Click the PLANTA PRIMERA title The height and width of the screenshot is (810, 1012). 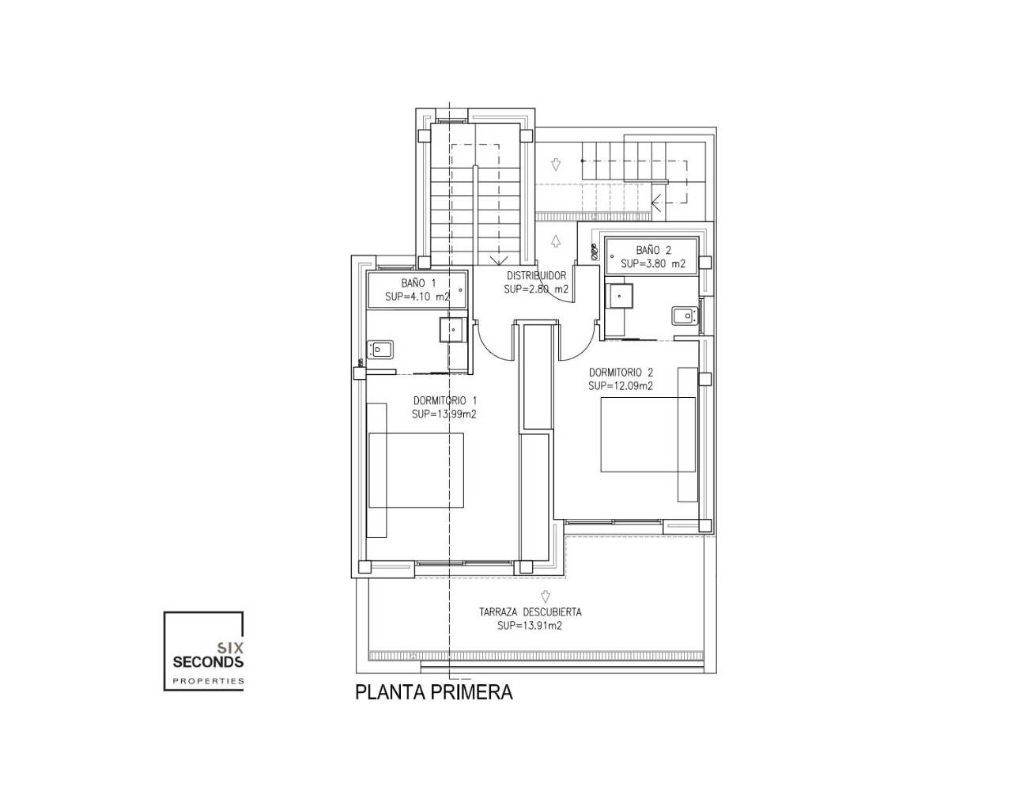tap(433, 692)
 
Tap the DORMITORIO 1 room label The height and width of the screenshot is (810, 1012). tap(445, 400)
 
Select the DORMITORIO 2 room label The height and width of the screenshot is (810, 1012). tap(621, 373)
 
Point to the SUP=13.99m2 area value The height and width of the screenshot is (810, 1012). tap(444, 414)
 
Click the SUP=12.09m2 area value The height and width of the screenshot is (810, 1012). tap(621, 386)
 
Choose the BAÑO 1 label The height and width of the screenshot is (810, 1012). tap(418, 283)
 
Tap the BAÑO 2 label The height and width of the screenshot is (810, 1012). tap(654, 251)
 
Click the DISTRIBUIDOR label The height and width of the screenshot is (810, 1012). tap(537, 275)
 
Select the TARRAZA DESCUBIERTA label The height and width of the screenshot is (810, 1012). tap(531, 612)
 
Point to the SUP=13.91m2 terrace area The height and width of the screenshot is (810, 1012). tap(530, 626)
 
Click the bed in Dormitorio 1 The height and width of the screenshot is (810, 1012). tap(416, 470)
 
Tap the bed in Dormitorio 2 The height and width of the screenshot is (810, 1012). tap(648, 434)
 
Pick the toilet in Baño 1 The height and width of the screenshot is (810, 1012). tap(380, 350)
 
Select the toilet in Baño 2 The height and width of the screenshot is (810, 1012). tap(685, 316)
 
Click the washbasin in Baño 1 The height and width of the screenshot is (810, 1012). tap(453, 330)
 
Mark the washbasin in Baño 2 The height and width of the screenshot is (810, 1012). tap(619, 296)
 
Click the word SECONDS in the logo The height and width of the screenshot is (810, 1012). tap(208, 662)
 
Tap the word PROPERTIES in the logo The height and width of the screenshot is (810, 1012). tap(208, 681)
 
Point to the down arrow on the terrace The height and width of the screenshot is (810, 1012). tap(546, 597)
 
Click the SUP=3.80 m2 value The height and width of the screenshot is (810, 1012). tap(653, 264)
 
